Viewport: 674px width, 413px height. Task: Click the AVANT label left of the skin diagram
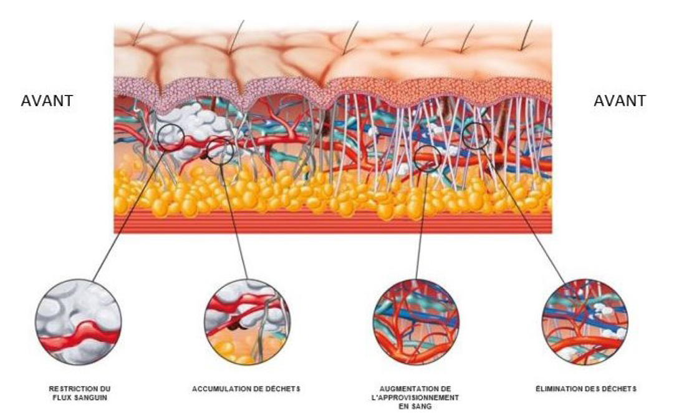tap(47, 101)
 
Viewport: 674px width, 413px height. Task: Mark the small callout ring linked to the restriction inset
tap(170, 137)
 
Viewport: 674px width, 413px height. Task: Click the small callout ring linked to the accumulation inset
tap(221, 151)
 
